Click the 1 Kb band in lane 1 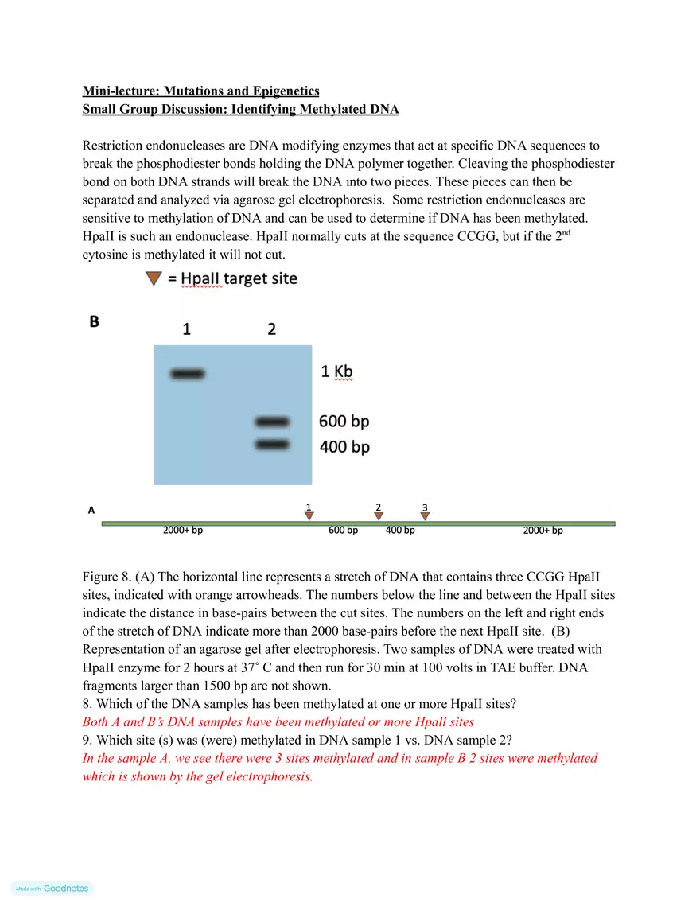tap(187, 374)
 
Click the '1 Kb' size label tap(336, 371)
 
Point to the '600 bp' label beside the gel tap(344, 422)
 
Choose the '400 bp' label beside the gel tap(344, 447)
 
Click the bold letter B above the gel tap(94, 322)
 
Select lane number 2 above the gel tap(272, 329)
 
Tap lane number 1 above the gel tap(186, 329)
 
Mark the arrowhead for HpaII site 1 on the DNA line tap(309, 516)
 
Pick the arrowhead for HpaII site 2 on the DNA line tap(379, 516)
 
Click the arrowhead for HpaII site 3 tap(425, 516)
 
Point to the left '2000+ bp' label tap(183, 531)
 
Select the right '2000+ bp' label tap(543, 531)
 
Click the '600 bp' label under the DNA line tap(343, 531)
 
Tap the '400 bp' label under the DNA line tap(400, 531)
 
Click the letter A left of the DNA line tap(91, 511)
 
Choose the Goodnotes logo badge tap(52, 889)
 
